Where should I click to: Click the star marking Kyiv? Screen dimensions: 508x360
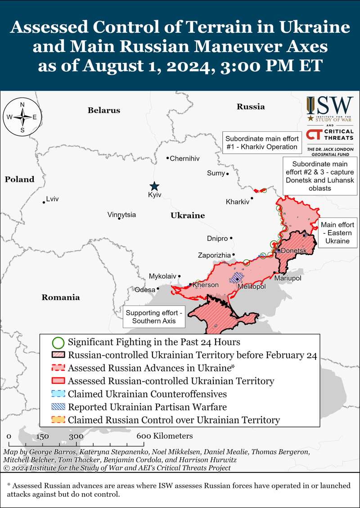point(154,186)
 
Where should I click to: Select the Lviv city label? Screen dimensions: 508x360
point(52,199)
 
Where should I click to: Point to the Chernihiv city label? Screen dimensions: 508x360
point(184,158)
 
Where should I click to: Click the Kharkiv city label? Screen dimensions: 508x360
point(237,202)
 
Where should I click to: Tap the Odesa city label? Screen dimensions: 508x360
point(145,290)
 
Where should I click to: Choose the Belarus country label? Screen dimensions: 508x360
point(104,110)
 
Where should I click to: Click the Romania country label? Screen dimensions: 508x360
point(61,297)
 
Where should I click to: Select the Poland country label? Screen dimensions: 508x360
point(19,180)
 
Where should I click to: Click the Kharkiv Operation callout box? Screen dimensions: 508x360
point(261,143)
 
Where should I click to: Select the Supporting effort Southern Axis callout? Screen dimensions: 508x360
point(154,317)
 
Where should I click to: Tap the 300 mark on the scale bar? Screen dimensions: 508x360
point(76,436)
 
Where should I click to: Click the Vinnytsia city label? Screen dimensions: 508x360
point(121,215)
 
